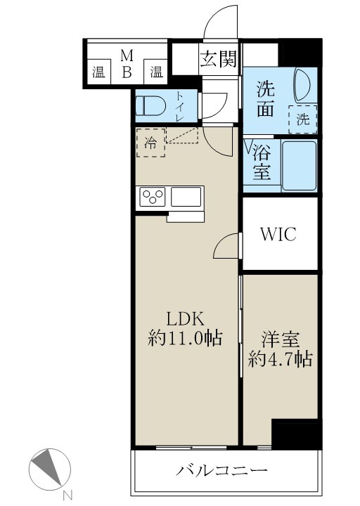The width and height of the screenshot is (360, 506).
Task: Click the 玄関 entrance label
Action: (219, 59)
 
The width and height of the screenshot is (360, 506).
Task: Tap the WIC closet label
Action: (279, 234)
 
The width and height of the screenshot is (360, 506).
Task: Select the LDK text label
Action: (185, 318)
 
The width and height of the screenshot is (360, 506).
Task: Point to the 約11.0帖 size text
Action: (185, 339)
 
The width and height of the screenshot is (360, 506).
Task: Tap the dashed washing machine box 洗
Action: (302, 119)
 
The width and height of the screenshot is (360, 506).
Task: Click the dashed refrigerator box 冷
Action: (151, 142)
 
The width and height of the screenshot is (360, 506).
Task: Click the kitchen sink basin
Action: (186, 197)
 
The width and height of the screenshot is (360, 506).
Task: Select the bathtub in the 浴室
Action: (299, 165)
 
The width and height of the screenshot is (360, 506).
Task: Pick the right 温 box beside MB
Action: (156, 71)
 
